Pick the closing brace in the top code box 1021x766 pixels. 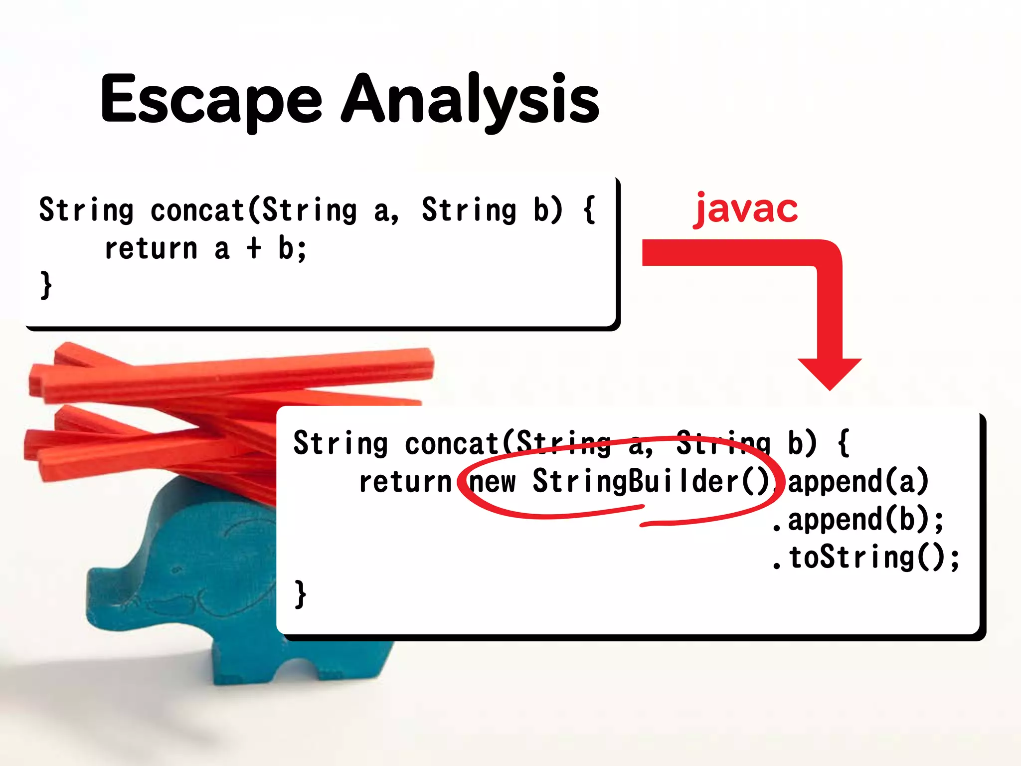pos(46,285)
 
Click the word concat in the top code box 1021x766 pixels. pos(197,210)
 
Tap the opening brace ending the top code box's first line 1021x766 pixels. pos(589,210)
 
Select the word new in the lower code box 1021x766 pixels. pos(493,482)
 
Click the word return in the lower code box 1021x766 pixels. pos(405,482)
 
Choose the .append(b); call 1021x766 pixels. pos(857,520)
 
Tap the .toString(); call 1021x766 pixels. pos(865,558)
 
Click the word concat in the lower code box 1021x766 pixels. pos(452,443)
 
